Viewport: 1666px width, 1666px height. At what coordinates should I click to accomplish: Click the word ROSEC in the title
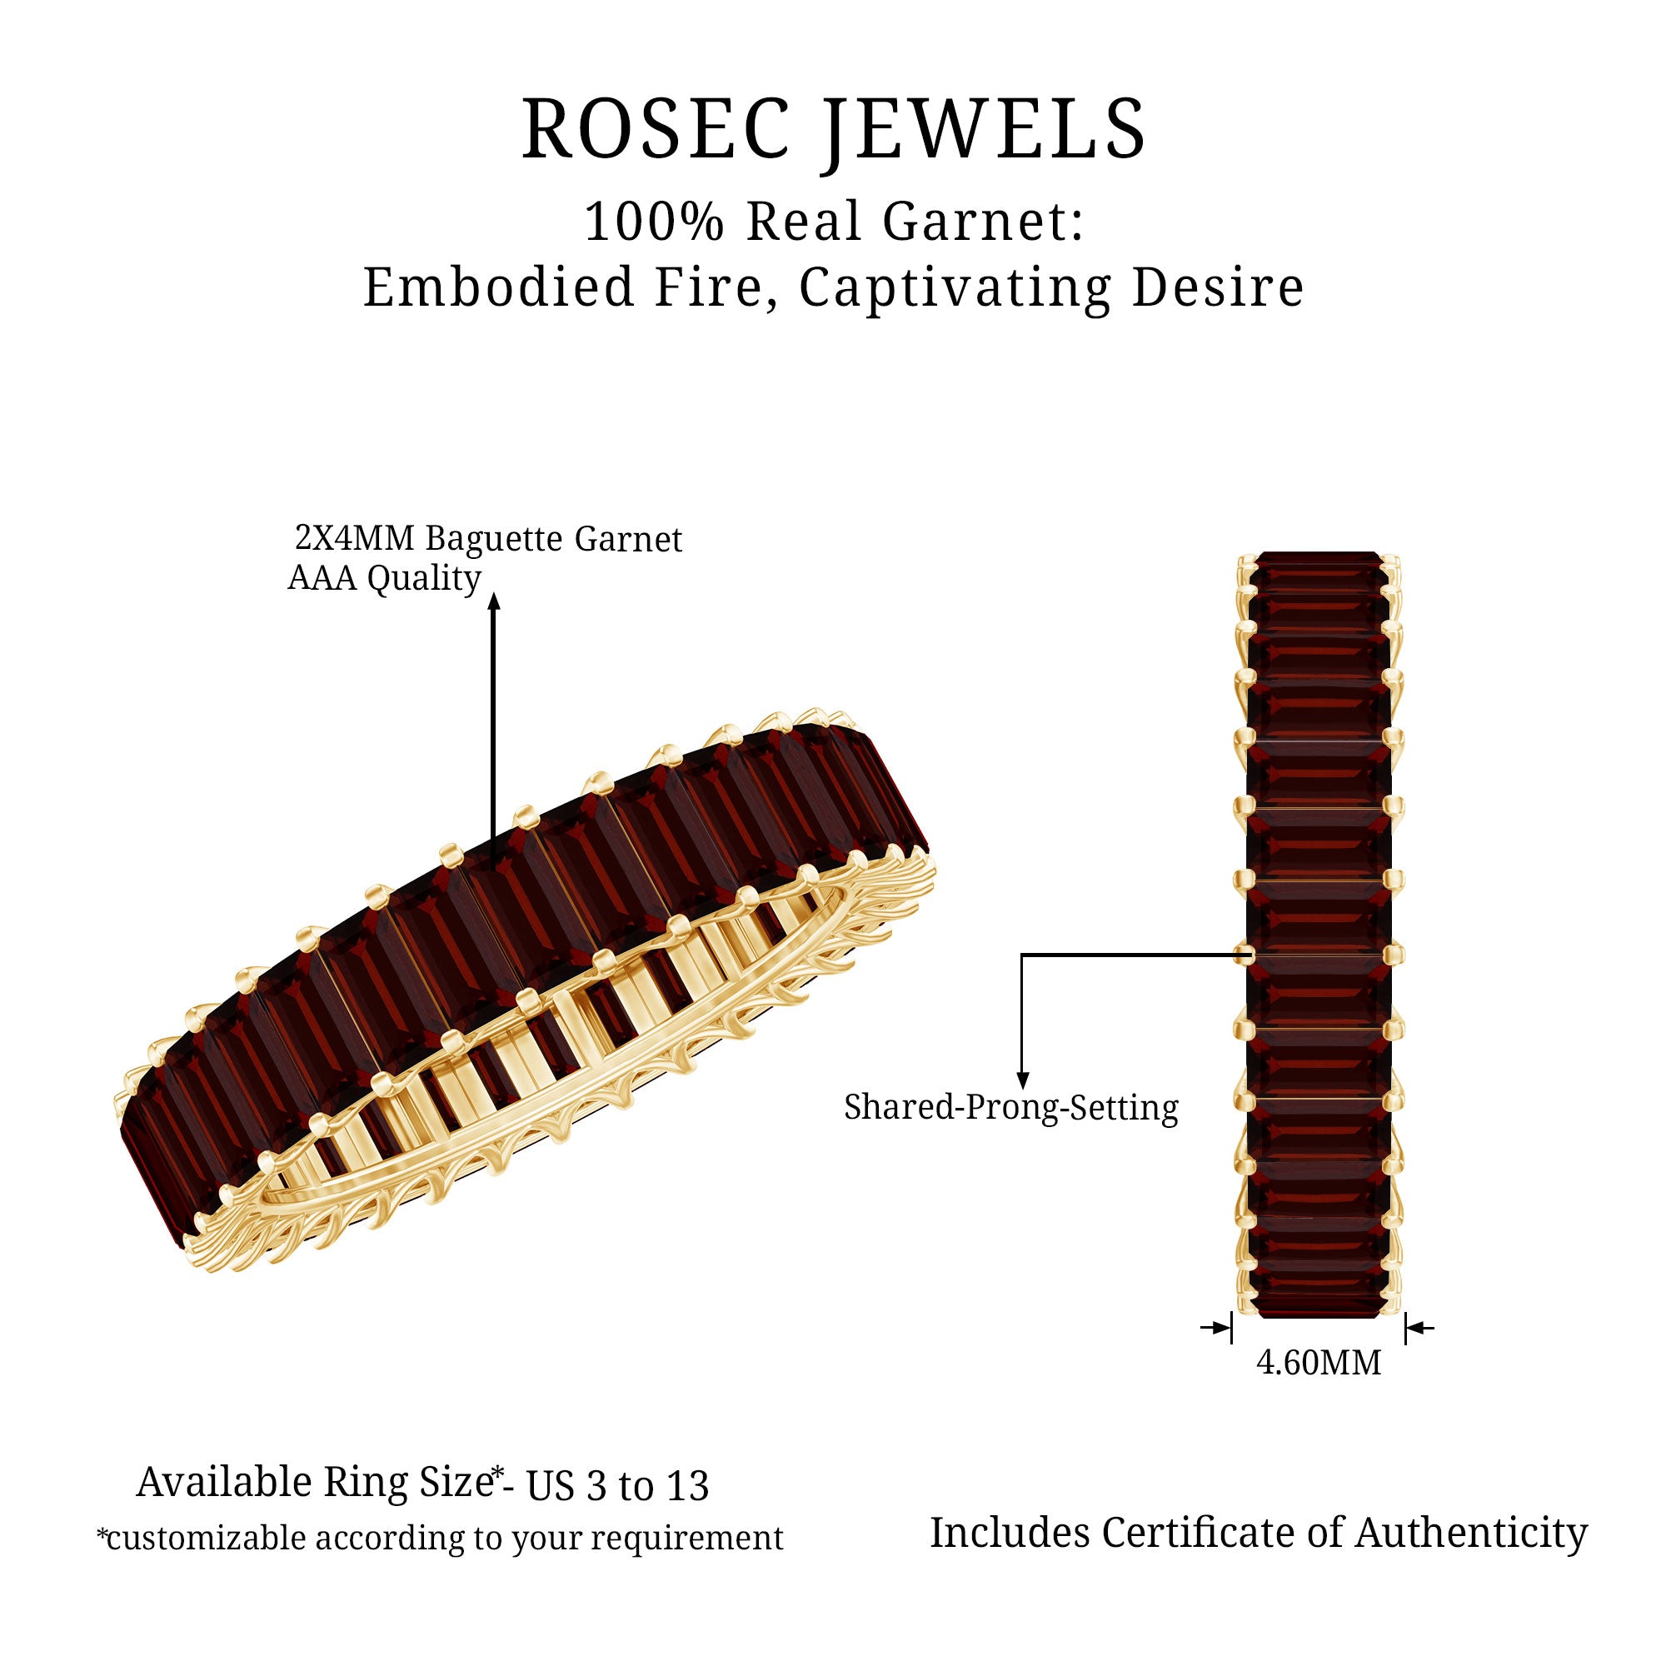tap(656, 129)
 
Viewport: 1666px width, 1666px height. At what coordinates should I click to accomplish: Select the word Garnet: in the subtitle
tap(983, 222)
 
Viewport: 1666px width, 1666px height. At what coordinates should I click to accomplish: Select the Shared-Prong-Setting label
tap(1010, 1107)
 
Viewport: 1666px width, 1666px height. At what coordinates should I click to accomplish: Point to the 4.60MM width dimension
tap(1319, 1363)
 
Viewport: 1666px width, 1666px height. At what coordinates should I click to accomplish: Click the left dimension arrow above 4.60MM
tap(1216, 1328)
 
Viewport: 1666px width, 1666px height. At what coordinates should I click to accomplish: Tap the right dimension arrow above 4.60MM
tap(1420, 1328)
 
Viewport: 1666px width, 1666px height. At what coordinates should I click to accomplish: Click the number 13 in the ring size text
tap(687, 1485)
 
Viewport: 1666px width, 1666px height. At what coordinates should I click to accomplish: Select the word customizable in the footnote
tap(206, 1539)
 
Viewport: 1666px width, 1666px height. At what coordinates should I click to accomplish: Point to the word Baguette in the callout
tap(494, 540)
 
